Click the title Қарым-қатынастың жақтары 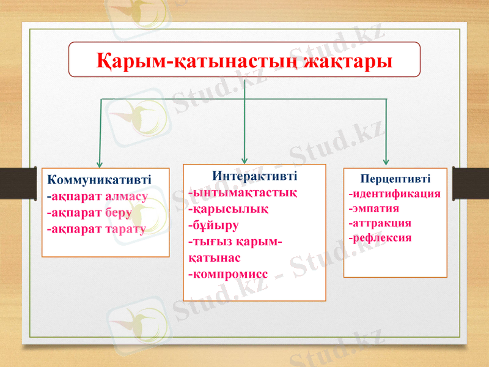coord(244,60)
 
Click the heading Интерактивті coord(255,176)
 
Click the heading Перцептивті coord(395,179)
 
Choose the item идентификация coord(395,194)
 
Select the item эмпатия coord(373,209)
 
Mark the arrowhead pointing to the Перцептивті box coord(386,161)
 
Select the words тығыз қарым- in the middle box coord(235,241)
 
